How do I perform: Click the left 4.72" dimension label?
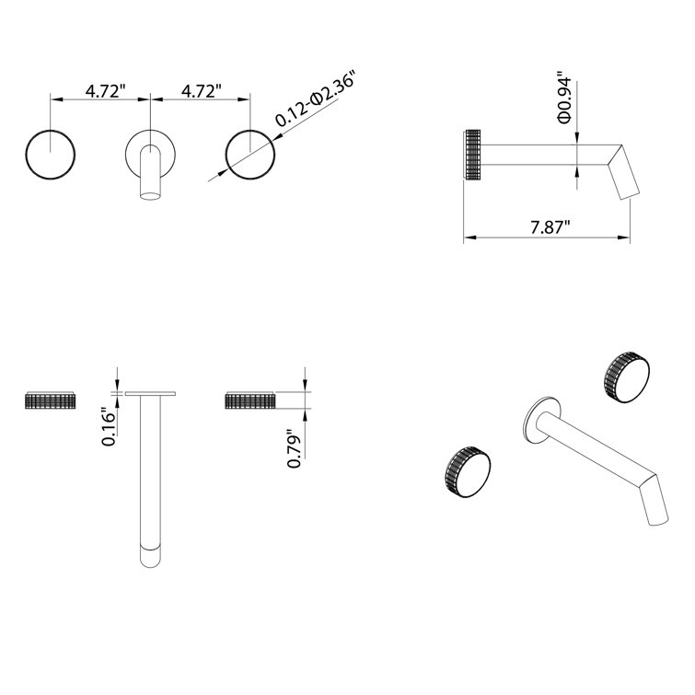106,91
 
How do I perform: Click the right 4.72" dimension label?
203,91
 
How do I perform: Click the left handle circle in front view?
52,154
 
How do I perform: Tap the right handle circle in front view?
250,154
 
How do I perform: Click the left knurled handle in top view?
52,400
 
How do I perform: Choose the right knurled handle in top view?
249,400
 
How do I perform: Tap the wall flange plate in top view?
149,394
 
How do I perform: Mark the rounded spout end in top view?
149,557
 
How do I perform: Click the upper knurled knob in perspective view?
626,374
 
